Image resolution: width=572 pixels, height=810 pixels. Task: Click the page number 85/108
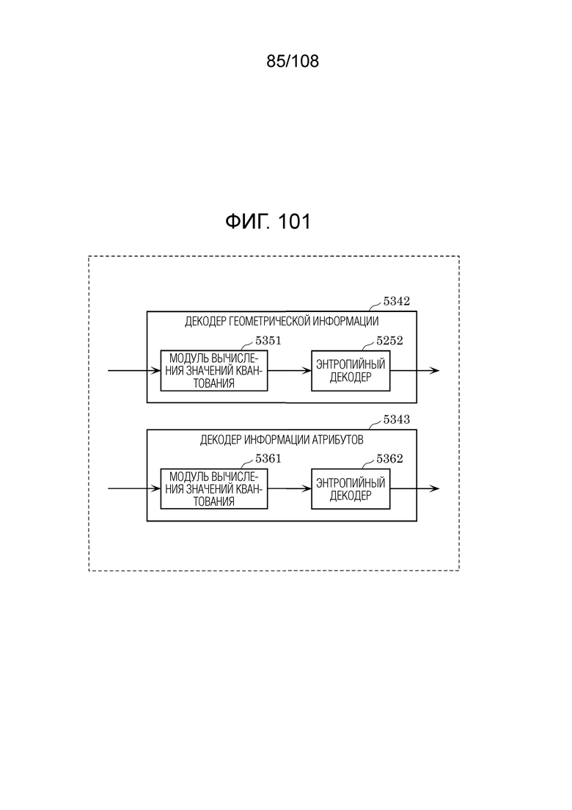(293, 61)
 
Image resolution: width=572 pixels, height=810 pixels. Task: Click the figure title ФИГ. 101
(268, 222)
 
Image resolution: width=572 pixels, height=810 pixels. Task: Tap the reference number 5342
(396, 301)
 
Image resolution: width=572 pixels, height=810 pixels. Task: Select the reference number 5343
(396, 419)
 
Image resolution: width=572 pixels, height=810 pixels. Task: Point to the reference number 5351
(268, 341)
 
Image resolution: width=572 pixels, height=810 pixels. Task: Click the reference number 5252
(389, 341)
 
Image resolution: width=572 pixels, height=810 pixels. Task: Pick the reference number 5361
(268, 459)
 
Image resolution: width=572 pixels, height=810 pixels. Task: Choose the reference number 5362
(389, 459)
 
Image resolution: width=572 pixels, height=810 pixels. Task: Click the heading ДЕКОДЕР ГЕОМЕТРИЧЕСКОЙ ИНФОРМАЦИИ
(282, 322)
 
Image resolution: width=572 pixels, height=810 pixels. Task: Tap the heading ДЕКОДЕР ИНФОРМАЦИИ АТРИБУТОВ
(282, 440)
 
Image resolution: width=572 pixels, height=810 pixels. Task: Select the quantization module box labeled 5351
(214, 370)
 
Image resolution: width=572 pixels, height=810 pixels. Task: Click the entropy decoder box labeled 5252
(351, 370)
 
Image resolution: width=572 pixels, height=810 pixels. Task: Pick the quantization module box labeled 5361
(214, 488)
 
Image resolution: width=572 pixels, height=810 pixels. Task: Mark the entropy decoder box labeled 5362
(351, 488)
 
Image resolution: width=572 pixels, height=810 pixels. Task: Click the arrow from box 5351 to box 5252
(290, 370)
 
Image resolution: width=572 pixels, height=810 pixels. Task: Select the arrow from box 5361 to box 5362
(290, 488)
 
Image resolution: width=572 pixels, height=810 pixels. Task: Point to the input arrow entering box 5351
(134, 370)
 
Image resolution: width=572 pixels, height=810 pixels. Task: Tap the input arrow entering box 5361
(134, 488)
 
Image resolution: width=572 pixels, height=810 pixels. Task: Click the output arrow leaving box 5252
(414, 370)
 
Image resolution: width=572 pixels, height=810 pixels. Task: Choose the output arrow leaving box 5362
(414, 488)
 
